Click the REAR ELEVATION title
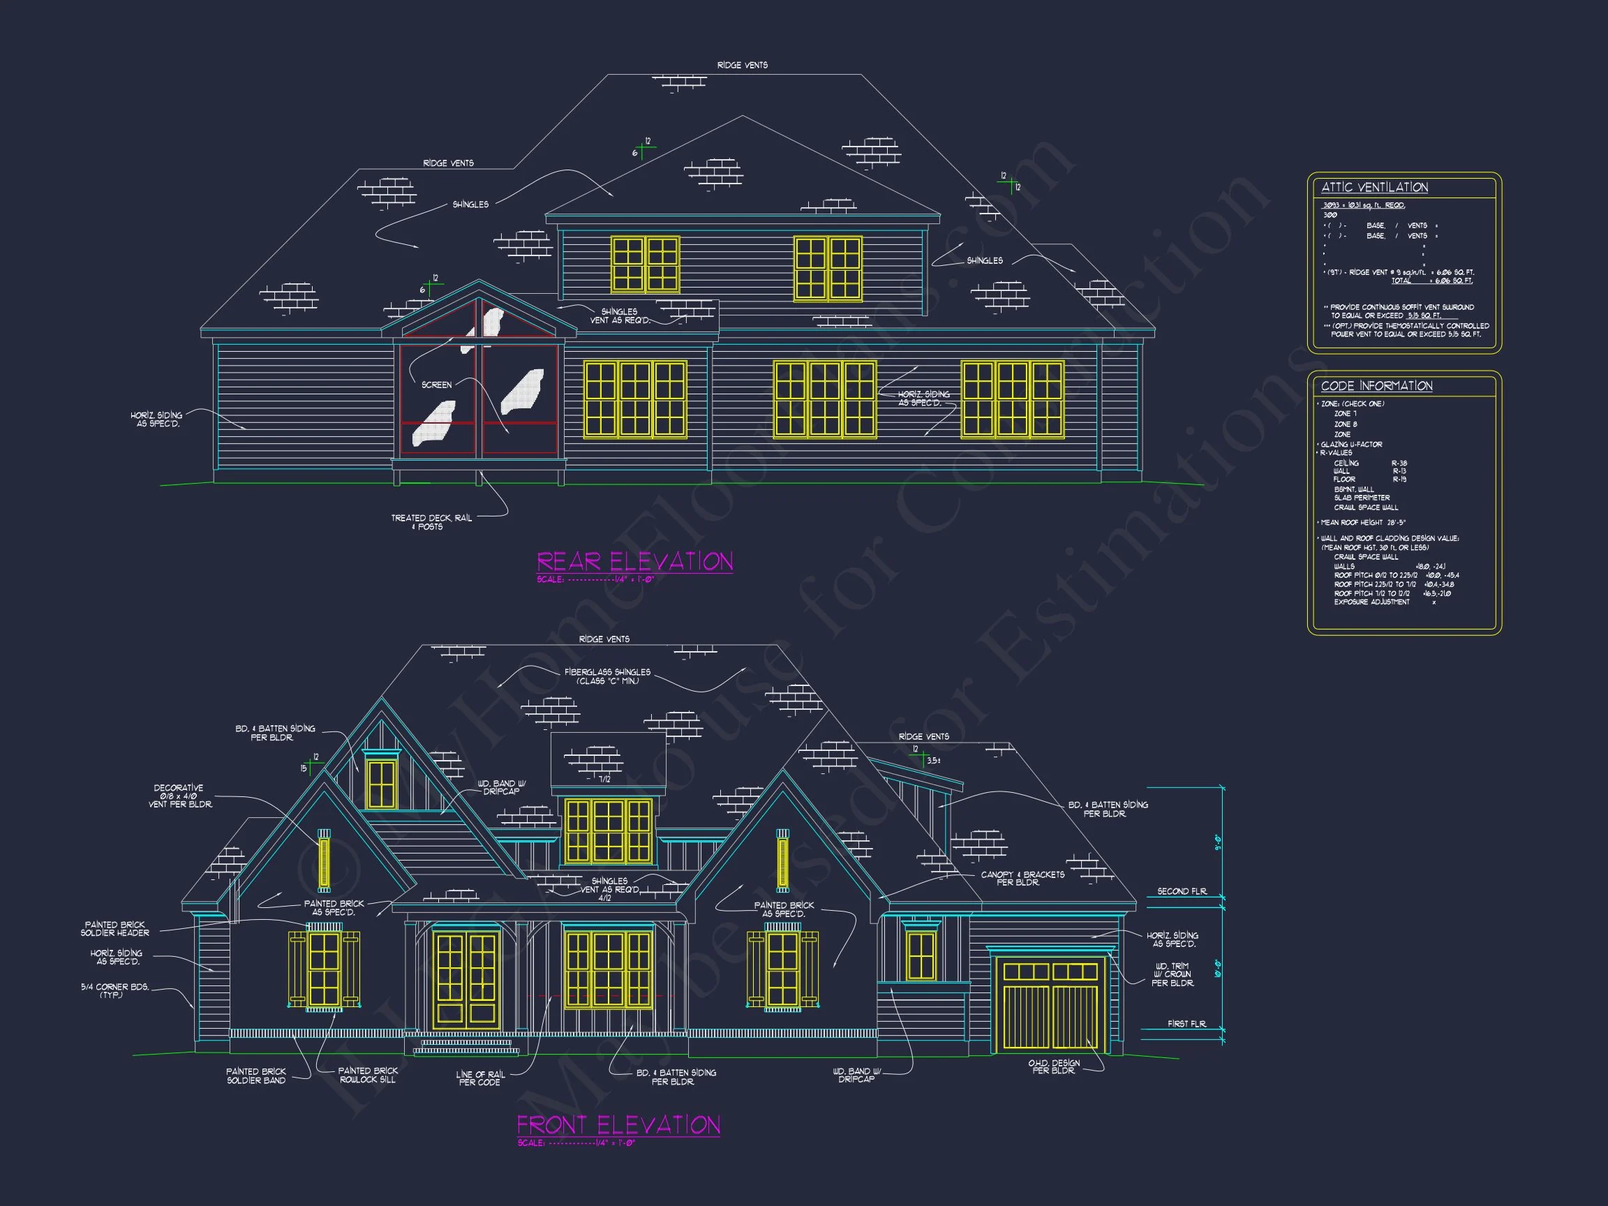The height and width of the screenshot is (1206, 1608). [x=634, y=561]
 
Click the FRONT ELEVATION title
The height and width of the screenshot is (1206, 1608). [x=618, y=1124]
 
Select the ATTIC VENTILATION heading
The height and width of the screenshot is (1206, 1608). [x=1374, y=188]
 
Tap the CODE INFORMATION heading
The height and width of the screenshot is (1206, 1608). [x=1376, y=386]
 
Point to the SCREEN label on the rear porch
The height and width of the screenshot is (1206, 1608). [x=436, y=385]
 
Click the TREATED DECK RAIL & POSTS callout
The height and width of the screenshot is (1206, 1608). [x=431, y=522]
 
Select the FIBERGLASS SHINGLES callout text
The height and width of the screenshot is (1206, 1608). [x=607, y=676]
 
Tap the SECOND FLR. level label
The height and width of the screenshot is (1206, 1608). [x=1182, y=891]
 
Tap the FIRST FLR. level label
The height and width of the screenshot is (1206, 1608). [x=1186, y=1024]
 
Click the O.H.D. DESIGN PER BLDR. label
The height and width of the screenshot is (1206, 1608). [x=1053, y=1066]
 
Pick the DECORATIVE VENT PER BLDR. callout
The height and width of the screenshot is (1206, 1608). [x=179, y=796]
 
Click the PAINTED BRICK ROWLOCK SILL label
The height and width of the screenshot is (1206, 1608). [x=368, y=1075]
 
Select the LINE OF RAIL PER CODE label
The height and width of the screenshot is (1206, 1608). [x=479, y=1078]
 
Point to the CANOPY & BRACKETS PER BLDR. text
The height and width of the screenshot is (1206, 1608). [x=1022, y=878]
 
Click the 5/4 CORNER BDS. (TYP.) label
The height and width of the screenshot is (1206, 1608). [x=114, y=990]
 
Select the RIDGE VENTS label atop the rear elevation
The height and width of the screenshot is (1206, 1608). [x=741, y=66]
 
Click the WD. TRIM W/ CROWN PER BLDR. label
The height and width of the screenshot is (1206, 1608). [x=1172, y=975]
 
